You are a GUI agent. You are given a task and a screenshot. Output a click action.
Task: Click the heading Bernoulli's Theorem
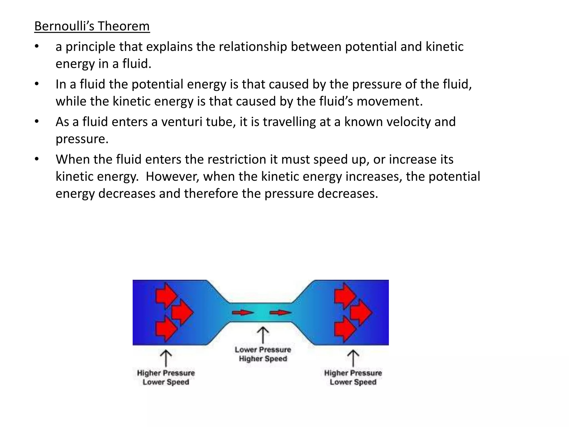pos(92,26)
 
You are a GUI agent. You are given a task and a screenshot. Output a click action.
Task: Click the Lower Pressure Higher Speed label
pos(263,354)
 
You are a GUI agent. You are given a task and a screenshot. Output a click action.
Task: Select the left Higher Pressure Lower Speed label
pos(166,378)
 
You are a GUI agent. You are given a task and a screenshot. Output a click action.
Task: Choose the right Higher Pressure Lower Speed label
pos(353,378)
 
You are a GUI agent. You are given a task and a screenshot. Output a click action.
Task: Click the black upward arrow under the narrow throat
pos(263,335)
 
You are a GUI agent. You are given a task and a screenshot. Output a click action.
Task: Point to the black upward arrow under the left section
pos(166,358)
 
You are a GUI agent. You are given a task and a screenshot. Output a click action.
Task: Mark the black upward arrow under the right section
pos(353,358)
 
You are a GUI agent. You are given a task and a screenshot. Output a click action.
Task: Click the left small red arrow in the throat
pos(243,313)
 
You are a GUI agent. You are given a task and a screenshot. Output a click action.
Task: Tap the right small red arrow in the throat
pos(280,313)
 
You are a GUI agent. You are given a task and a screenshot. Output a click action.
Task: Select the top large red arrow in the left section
pos(166,296)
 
